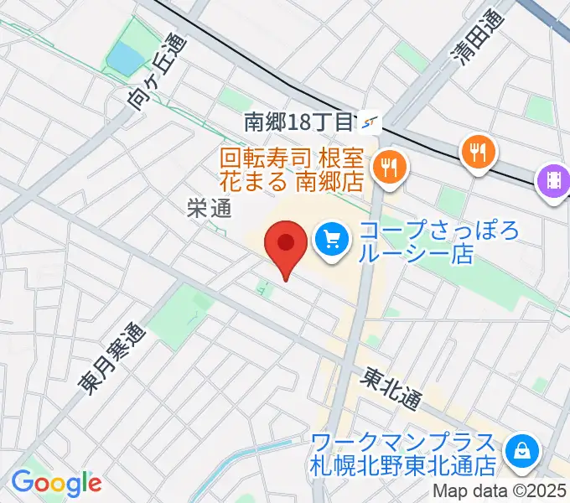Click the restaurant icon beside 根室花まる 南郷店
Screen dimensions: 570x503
387,167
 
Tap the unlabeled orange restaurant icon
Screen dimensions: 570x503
478,151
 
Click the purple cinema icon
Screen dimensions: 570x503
554,181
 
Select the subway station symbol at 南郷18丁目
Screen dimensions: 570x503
370,122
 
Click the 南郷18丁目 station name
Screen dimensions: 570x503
298,122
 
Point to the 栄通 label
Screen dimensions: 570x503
209,210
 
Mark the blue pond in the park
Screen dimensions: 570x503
127,59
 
